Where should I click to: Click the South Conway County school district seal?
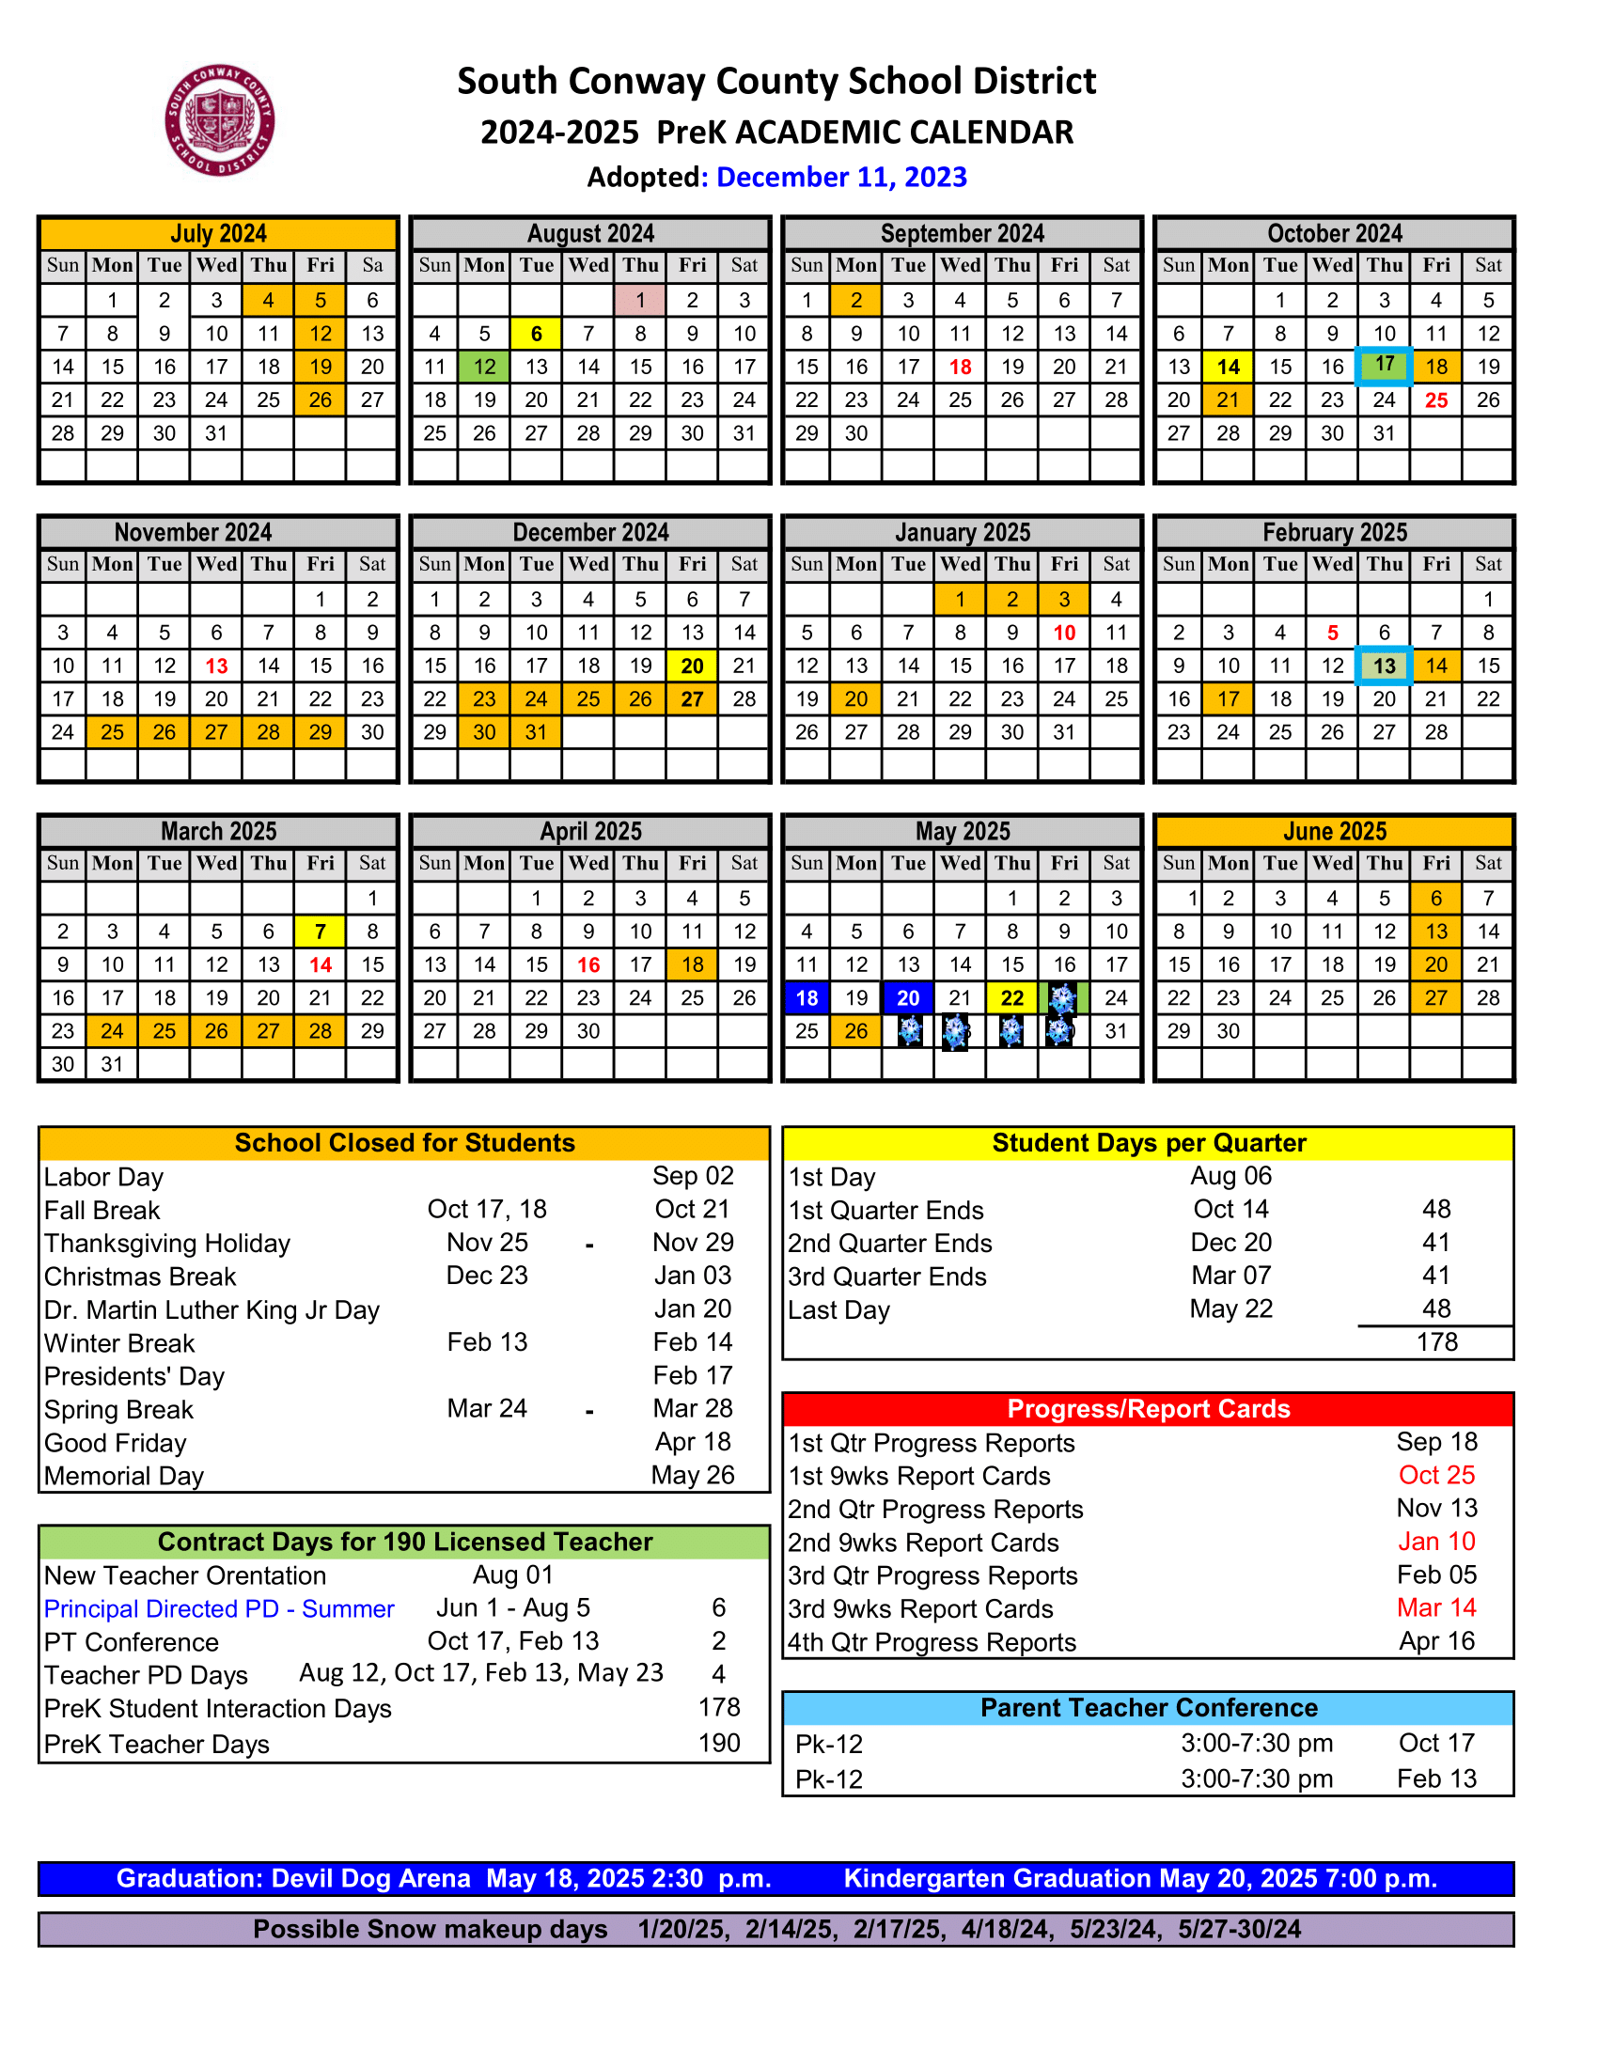tap(220, 120)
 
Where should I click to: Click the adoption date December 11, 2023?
tap(840, 177)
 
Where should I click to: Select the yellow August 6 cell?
tap(536, 334)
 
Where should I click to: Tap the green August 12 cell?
tap(485, 367)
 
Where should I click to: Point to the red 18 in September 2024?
tap(960, 367)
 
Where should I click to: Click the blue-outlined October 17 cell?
tap(1384, 366)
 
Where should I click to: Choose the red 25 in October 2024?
tap(1436, 399)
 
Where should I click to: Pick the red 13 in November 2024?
tap(217, 666)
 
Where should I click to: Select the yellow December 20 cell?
tap(692, 666)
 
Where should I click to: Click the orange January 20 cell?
tap(855, 698)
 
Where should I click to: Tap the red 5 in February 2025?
tap(1332, 633)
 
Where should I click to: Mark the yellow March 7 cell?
tap(320, 932)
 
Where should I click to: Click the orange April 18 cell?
tap(692, 964)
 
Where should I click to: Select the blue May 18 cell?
tap(807, 998)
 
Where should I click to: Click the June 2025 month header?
tap(1334, 831)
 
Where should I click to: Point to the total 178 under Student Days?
tap(1436, 1341)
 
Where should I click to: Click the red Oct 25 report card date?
tap(1436, 1475)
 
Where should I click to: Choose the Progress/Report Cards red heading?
tap(1148, 1409)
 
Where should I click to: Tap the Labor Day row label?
tap(104, 1177)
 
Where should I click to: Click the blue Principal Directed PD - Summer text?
tap(219, 1608)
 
